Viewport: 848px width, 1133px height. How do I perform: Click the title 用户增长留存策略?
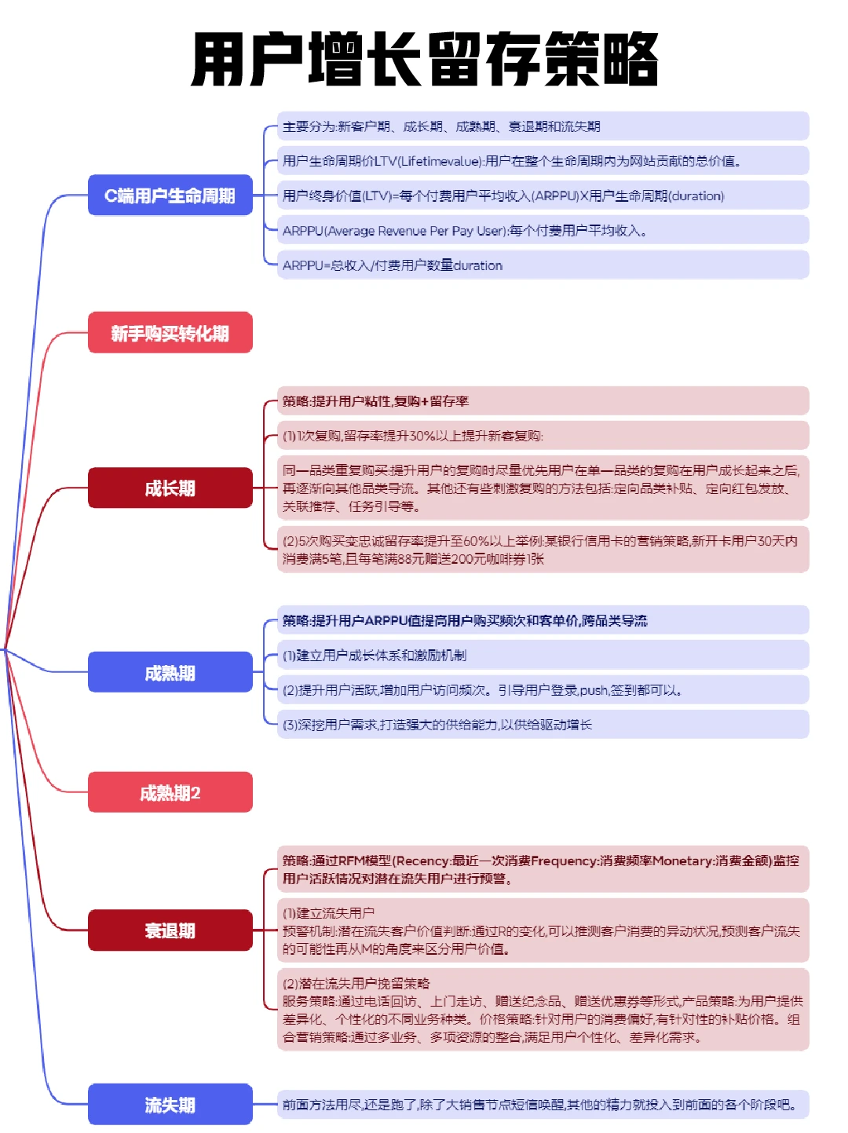424,60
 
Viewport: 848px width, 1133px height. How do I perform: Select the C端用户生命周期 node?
170,196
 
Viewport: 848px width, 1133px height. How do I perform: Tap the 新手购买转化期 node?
170,333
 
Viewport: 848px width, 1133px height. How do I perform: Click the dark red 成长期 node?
170,488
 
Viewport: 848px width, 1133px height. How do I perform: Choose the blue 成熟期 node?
170,672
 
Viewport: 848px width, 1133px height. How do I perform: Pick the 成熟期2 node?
170,792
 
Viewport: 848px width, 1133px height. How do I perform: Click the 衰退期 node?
170,930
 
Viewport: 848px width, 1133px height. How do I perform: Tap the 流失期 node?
170,1104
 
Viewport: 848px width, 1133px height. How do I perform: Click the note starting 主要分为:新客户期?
542,126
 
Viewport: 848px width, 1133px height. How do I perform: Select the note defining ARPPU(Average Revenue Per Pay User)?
542,230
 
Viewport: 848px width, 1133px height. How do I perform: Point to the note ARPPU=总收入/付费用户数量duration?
542,265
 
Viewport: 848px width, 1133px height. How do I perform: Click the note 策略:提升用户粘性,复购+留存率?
542,401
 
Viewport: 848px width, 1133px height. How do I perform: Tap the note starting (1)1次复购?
542,436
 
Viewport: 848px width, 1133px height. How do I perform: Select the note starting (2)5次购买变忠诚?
542,550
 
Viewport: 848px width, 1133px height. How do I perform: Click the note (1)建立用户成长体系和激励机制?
542,655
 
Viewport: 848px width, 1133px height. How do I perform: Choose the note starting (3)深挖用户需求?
542,725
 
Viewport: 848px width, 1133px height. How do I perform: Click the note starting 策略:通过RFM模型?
542,869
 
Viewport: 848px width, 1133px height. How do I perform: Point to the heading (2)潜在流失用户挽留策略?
357,983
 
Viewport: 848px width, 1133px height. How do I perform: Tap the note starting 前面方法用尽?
542,1105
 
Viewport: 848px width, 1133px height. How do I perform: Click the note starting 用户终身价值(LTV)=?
542,196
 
